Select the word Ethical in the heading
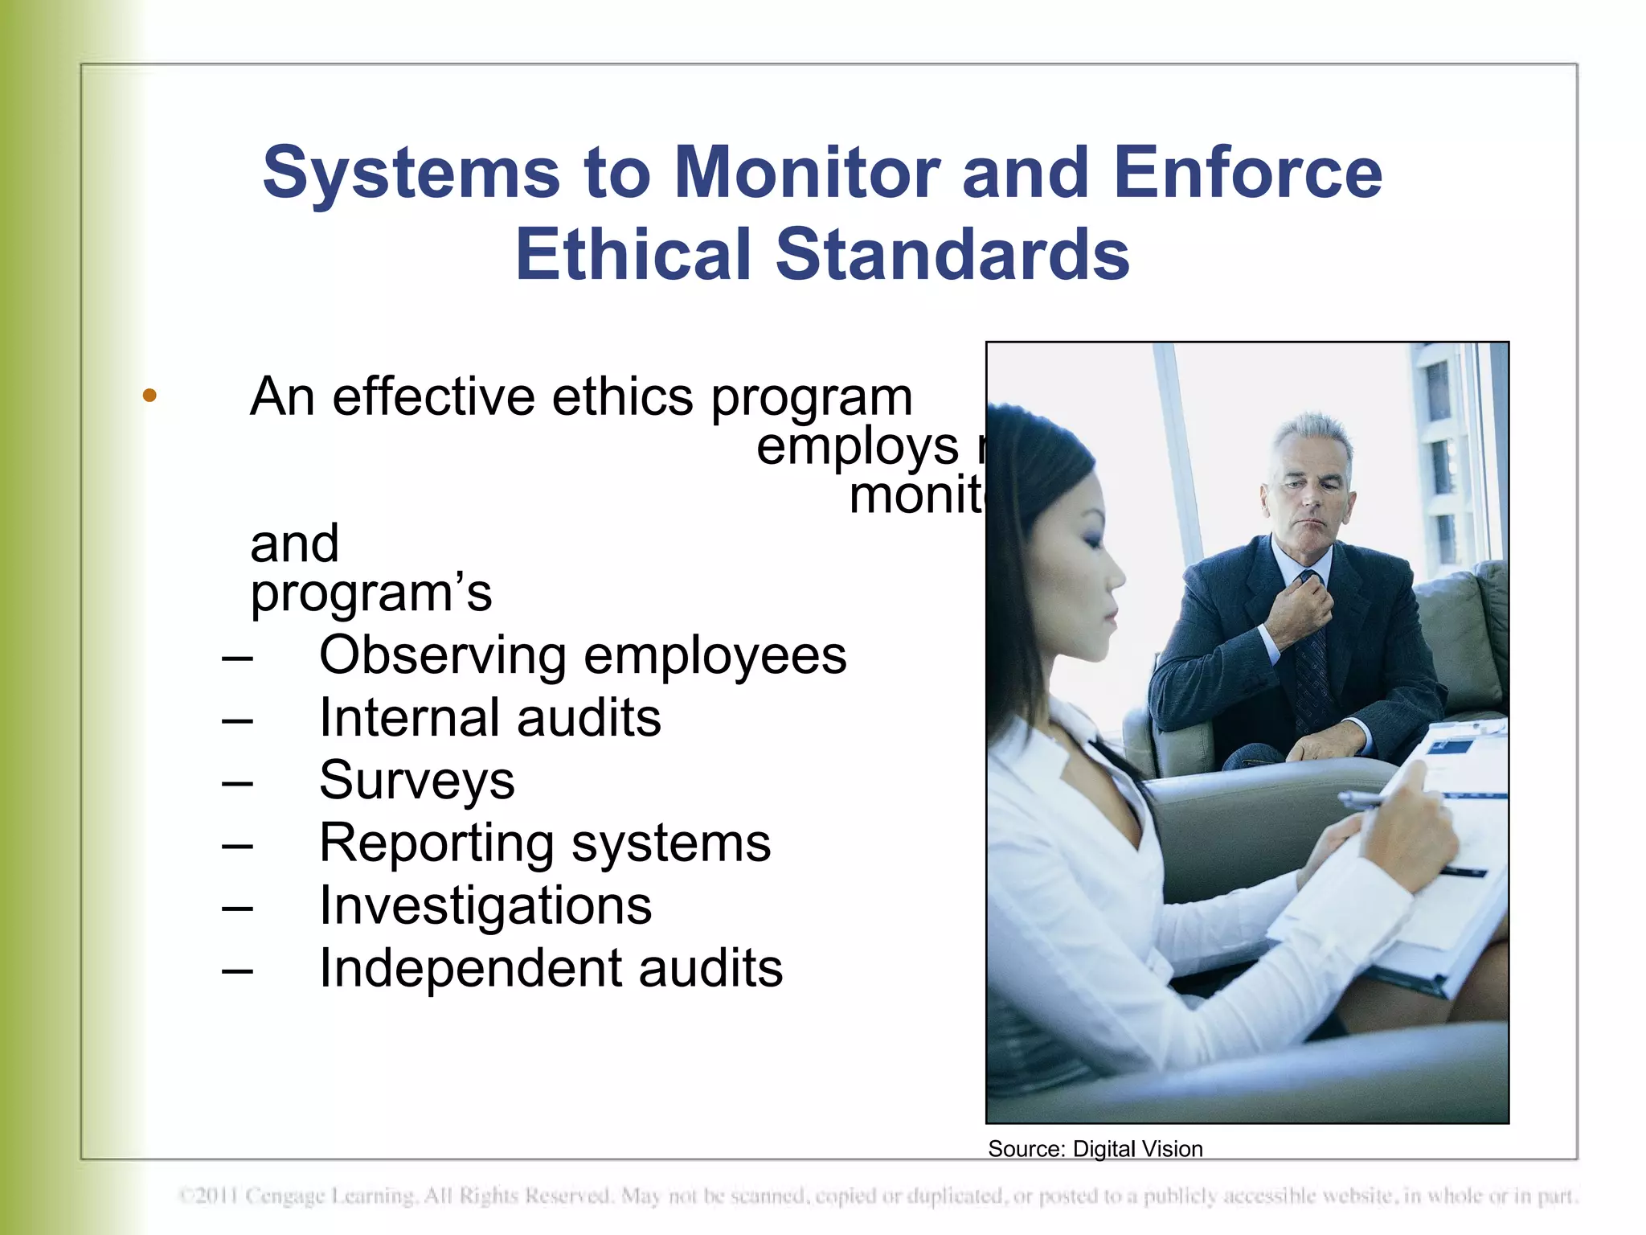point(634,254)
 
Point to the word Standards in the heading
point(952,254)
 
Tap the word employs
point(858,446)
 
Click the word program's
point(371,593)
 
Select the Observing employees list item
point(583,655)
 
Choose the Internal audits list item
point(489,717)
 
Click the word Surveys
point(416,780)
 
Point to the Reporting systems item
point(545,843)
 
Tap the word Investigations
point(485,905)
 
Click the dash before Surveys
point(237,782)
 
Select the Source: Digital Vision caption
point(1095,1149)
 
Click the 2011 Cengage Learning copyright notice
point(878,1196)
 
